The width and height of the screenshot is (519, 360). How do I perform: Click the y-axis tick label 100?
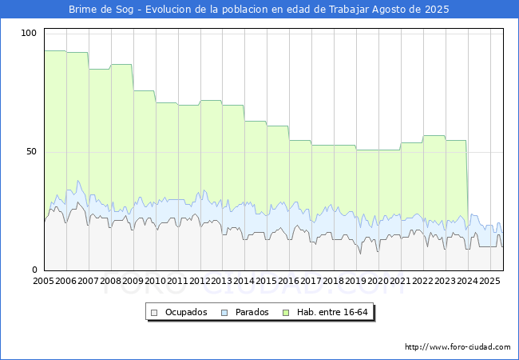(29, 33)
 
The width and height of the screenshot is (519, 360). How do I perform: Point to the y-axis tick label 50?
(31, 152)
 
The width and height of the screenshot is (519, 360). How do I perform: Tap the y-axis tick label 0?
(34, 270)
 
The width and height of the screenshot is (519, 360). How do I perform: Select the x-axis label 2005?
(43, 281)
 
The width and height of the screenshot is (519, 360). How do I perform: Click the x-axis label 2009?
(133, 281)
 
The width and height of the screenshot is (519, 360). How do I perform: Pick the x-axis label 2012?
(200, 281)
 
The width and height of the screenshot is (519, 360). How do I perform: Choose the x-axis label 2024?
(467, 281)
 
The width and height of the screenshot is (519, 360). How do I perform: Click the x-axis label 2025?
(489, 281)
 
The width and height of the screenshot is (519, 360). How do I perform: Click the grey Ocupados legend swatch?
(154, 313)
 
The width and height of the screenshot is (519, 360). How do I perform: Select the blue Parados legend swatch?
(224, 313)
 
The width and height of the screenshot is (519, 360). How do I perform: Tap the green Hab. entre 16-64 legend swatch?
(286, 313)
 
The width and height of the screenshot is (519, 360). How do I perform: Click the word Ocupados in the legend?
(186, 312)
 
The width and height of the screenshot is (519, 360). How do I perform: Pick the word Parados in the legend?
(252, 312)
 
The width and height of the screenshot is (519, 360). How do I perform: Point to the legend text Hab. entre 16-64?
(332, 312)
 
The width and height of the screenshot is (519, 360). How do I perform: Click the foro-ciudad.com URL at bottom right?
(458, 347)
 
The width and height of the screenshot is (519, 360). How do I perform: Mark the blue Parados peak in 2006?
(78, 181)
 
